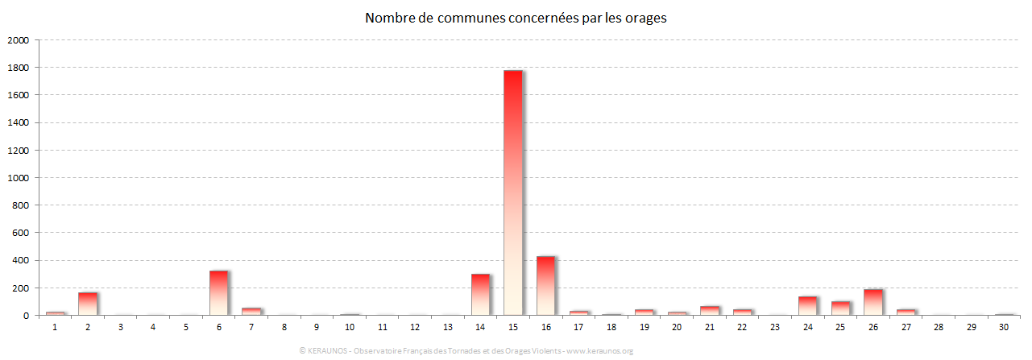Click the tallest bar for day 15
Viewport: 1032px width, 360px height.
pos(512,192)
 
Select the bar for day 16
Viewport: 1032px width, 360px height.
pos(545,286)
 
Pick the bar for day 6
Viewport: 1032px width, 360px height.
pos(218,292)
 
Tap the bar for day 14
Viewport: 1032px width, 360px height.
pos(480,295)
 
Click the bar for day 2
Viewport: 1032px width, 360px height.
pos(87,304)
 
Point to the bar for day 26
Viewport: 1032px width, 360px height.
pos(873,302)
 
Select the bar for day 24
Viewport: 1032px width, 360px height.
pos(807,306)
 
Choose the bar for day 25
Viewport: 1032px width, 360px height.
pos(840,308)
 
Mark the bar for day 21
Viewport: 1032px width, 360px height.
pos(709,311)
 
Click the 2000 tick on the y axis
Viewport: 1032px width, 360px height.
pos(18,40)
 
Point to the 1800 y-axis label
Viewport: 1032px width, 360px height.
pos(18,68)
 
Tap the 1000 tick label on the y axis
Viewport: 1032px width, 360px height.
pos(18,178)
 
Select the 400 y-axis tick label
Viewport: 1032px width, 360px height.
pos(20,261)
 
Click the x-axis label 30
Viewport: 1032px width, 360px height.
pos(1004,327)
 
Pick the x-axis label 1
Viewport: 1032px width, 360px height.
pos(55,327)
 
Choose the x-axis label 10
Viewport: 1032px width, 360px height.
pos(350,327)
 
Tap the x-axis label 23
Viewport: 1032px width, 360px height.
pos(774,327)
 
